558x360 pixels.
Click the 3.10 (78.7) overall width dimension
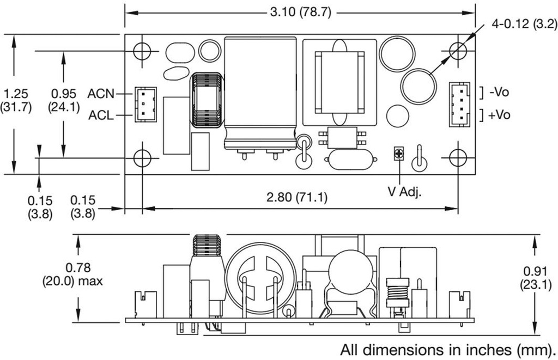[300, 13]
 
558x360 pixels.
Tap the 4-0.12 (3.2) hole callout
[524, 24]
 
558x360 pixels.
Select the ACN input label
[101, 94]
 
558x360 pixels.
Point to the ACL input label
[101, 115]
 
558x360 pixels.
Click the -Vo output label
[499, 93]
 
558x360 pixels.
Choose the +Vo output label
[499, 115]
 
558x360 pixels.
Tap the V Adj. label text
[405, 192]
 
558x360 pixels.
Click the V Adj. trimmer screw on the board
[399, 154]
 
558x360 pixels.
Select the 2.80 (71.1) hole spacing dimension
[297, 197]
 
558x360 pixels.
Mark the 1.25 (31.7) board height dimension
[16, 100]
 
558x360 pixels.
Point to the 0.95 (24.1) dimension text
[64, 100]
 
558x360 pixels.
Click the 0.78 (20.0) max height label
[72, 274]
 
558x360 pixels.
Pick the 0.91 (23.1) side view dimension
[537, 278]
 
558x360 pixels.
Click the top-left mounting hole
[142, 51]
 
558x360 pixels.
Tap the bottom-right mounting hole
[458, 157]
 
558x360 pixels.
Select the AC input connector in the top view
[145, 105]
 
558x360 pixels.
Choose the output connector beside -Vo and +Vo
[459, 104]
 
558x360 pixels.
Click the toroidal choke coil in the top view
[207, 100]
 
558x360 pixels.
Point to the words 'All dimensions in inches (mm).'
[448, 350]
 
